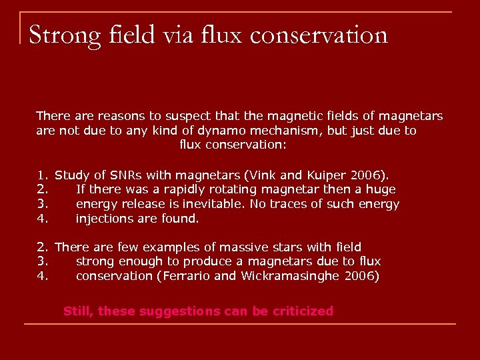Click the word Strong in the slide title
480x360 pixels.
[x=64, y=35]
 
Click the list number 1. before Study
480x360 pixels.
[x=41, y=175]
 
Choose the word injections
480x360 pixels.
[x=104, y=218]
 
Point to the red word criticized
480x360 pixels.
[x=303, y=311]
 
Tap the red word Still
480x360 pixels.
[x=78, y=311]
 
